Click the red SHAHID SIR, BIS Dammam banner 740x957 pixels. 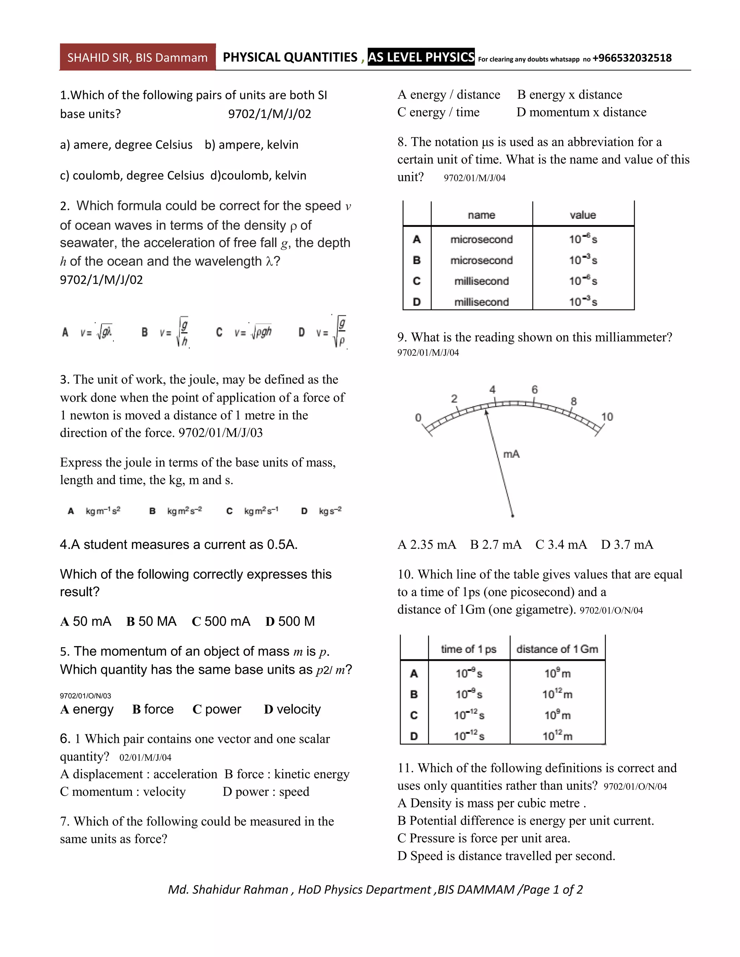[x=137, y=57]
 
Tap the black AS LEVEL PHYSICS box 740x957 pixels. [x=421, y=57]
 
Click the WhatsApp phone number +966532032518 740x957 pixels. [x=632, y=58]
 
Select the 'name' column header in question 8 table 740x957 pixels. [x=481, y=215]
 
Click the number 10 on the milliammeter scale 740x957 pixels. [x=607, y=417]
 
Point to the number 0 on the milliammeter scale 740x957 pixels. [x=418, y=417]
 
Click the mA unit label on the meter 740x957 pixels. [x=511, y=454]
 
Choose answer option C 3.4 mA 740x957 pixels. [x=561, y=545]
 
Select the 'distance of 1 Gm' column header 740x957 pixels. [x=557, y=649]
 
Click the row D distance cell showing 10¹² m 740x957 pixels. [x=557, y=736]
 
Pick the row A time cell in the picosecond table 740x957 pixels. [x=469, y=673]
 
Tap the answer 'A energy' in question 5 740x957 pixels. [x=87, y=709]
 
